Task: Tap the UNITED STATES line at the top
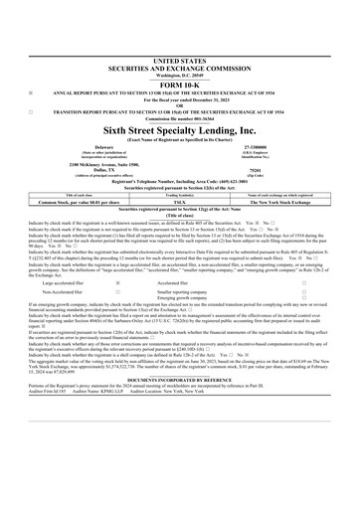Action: [180, 33]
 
